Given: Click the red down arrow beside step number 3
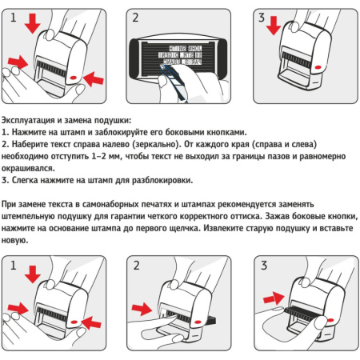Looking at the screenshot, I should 274,25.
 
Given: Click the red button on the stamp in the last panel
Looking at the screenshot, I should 331,320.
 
